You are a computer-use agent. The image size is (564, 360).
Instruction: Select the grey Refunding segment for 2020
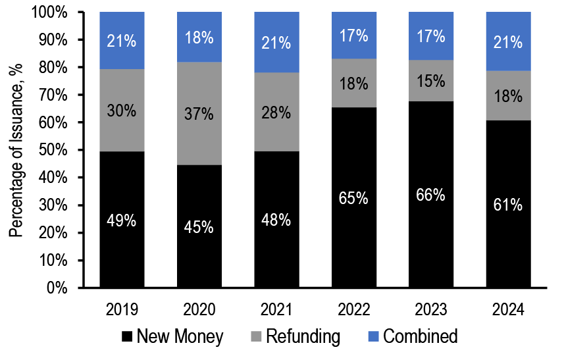(x=200, y=92)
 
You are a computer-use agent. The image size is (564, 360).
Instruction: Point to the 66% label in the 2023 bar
(x=432, y=195)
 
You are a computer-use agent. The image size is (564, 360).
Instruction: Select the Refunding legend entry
(x=297, y=337)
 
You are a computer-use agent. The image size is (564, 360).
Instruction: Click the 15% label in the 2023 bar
(x=432, y=82)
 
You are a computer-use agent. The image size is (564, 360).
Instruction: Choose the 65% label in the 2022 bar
(x=354, y=198)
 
